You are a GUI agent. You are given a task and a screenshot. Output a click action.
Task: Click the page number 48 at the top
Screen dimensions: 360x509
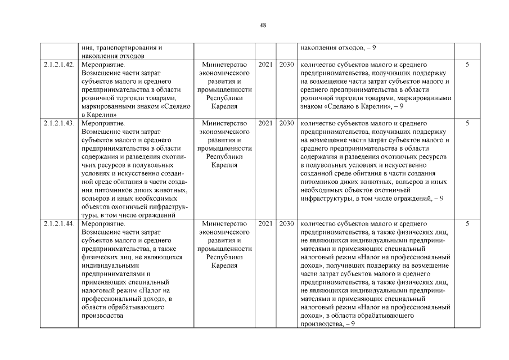click(263, 25)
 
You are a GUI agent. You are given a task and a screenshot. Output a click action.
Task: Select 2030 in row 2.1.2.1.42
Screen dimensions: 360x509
click(286, 65)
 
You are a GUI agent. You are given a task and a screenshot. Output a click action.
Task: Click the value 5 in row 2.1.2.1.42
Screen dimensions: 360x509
click(467, 65)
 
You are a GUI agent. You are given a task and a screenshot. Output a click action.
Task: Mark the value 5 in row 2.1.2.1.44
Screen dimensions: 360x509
click(467, 223)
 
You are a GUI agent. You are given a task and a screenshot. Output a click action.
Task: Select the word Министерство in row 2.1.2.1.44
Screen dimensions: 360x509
click(224, 223)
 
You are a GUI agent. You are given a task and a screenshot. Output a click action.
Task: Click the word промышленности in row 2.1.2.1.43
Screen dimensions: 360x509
click(224, 148)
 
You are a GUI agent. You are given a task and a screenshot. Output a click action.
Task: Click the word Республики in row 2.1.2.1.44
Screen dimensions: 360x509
click(224, 256)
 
